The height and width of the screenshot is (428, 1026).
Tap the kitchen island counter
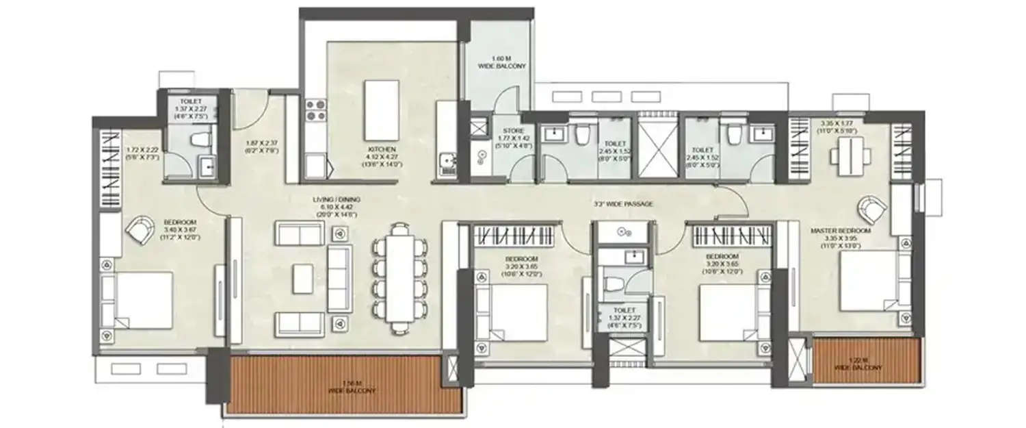[x=382, y=110]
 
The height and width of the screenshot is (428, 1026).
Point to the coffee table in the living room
[x=304, y=279]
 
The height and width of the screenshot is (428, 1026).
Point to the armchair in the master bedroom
[x=871, y=207]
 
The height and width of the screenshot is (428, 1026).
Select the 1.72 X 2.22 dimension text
[x=143, y=153]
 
